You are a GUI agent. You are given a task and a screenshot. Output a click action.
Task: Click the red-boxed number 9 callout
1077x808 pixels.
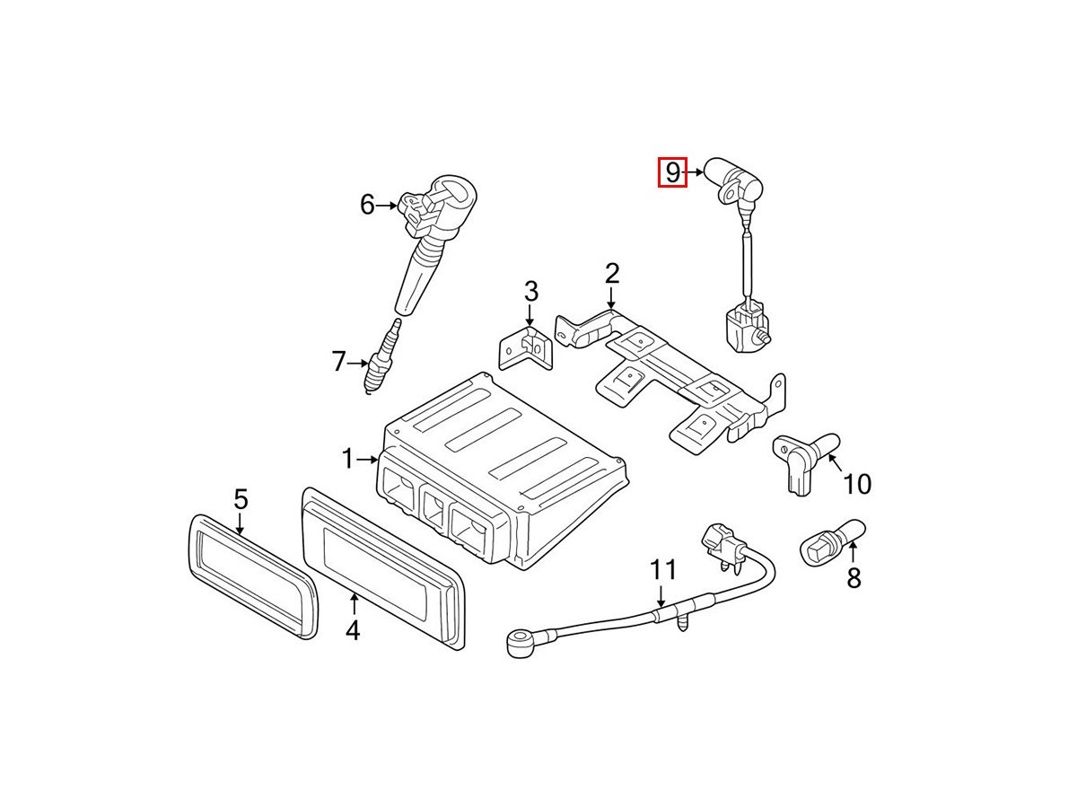pyautogui.click(x=673, y=172)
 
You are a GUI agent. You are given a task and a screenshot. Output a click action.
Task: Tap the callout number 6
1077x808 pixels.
pyautogui.click(x=367, y=205)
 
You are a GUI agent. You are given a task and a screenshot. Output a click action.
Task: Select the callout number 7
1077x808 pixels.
pyautogui.click(x=339, y=362)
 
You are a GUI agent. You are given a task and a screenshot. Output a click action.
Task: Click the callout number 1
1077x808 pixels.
pyautogui.click(x=347, y=459)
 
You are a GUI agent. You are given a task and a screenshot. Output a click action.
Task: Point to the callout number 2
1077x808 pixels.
pyautogui.click(x=612, y=274)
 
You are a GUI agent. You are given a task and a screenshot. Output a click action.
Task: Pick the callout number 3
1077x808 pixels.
pyautogui.click(x=531, y=291)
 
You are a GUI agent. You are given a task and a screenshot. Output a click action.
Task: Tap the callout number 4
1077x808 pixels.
pyautogui.click(x=353, y=630)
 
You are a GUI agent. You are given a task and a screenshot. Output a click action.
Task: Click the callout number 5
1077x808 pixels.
pyautogui.click(x=241, y=499)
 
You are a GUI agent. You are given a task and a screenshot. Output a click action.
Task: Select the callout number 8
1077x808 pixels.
pyautogui.click(x=854, y=578)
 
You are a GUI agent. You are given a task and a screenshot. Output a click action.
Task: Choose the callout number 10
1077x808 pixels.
pyautogui.click(x=857, y=484)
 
